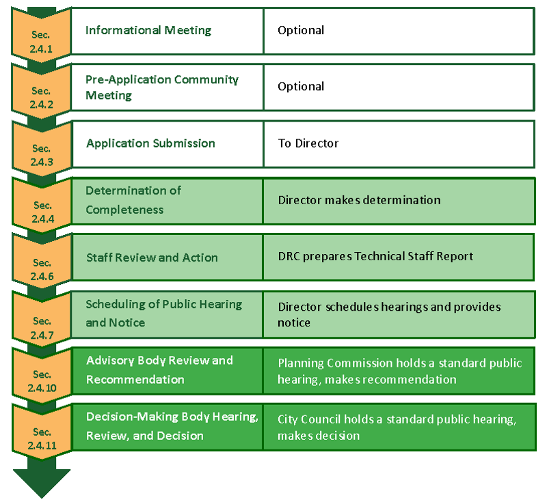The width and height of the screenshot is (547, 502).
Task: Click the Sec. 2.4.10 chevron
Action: (x=42, y=378)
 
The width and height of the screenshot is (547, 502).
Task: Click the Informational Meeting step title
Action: (x=148, y=30)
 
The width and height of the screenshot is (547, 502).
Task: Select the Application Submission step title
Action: (x=150, y=143)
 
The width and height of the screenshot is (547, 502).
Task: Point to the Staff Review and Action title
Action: (x=152, y=257)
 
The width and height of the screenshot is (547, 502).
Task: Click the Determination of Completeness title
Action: (x=133, y=200)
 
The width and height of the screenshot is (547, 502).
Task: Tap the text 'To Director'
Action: (x=308, y=143)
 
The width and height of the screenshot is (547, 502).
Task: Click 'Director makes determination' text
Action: (x=360, y=200)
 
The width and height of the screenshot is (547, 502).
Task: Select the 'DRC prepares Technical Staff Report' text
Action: (x=375, y=256)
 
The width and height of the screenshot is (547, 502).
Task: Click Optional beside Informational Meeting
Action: (x=301, y=30)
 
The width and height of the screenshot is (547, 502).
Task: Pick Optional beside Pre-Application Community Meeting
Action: (x=301, y=86)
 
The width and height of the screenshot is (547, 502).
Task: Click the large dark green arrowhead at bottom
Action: (x=42, y=483)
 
